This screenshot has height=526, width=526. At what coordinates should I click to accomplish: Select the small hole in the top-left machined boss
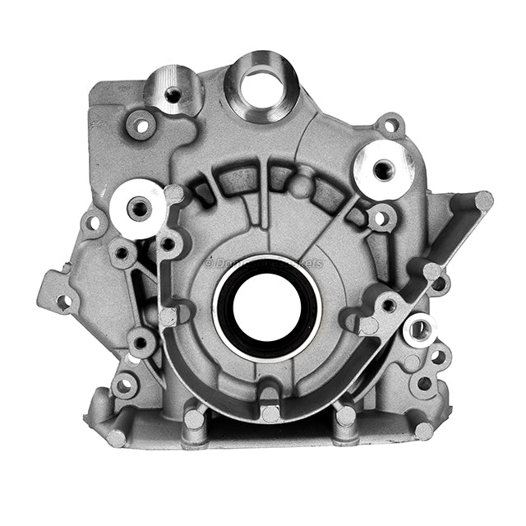pos(172,95)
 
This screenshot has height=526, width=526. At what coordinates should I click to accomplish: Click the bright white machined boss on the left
pos(137,207)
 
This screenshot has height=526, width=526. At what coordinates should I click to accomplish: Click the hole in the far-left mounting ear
pos(62,301)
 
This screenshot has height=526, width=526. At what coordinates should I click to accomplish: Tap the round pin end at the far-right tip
pos(484,200)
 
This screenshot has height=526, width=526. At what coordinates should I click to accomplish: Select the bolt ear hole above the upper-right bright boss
pos(391,126)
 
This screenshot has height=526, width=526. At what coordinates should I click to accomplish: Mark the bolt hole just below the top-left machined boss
pos(141,126)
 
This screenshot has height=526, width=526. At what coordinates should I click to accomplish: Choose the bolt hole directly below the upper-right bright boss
pos(380,219)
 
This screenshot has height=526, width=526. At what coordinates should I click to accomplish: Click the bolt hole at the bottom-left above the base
pos(125,385)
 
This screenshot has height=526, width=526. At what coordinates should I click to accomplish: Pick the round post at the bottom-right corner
pos(424,430)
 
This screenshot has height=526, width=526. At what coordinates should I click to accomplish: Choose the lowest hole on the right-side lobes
pos(424,383)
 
